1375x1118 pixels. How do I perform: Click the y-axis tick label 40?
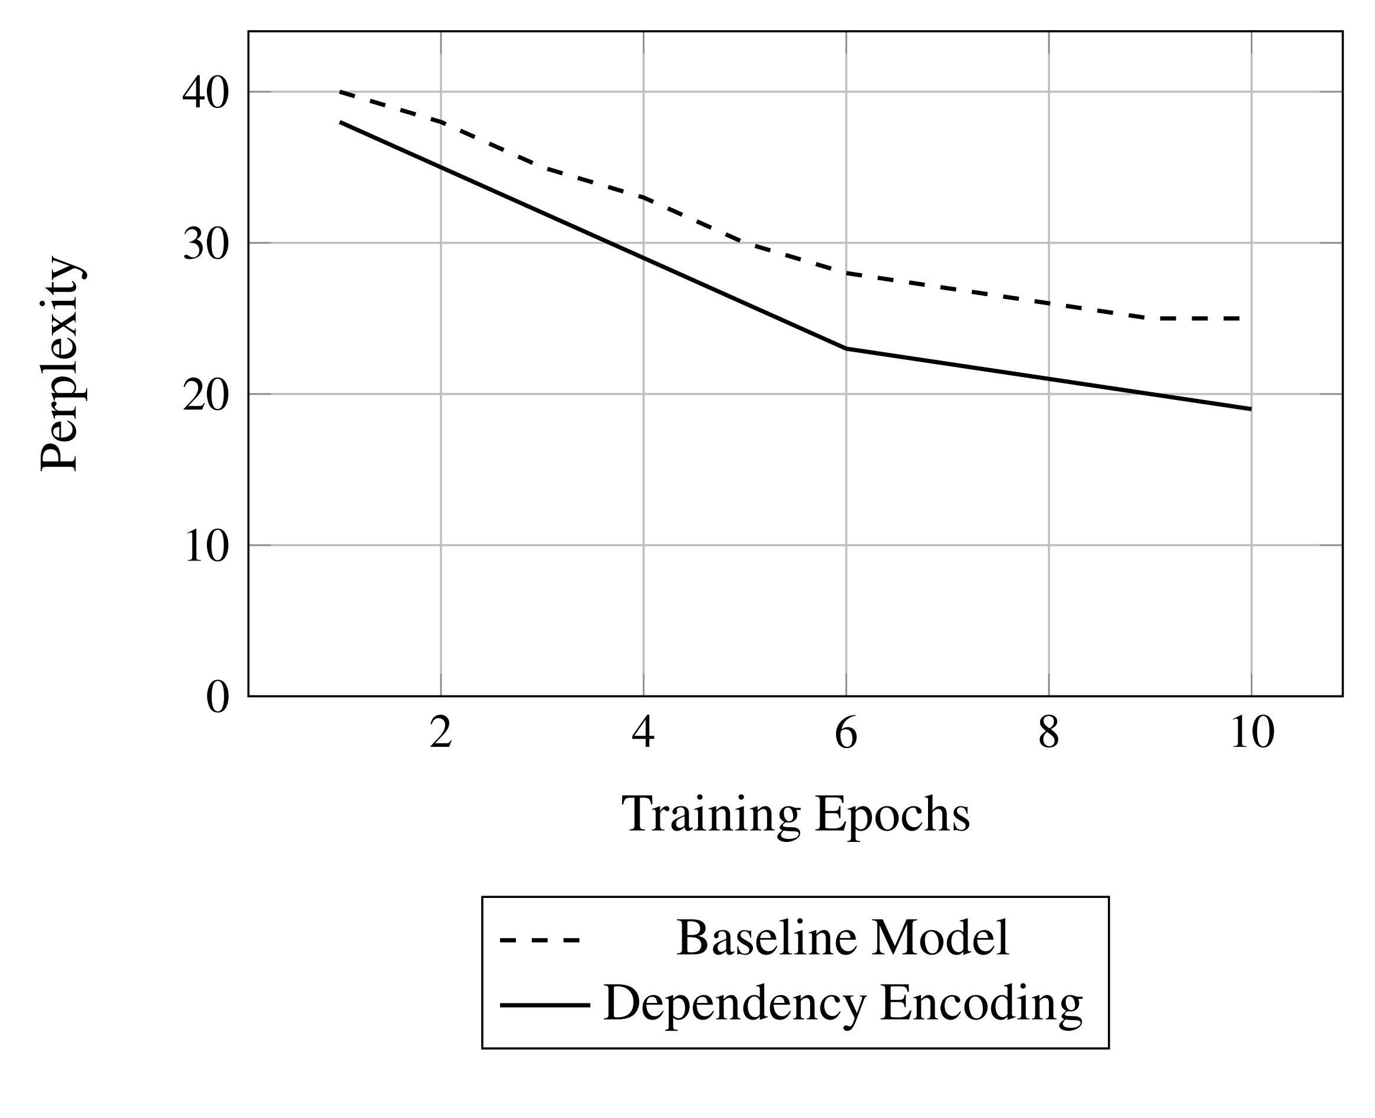[205, 93]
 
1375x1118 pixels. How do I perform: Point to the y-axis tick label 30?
[205, 245]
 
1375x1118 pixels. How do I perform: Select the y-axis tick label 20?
[205, 395]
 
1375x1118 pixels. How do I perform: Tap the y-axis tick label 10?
[205, 547]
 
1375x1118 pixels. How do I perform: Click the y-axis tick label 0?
[217, 697]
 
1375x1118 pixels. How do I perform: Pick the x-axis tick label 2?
[440, 733]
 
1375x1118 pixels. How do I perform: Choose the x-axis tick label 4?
[643, 733]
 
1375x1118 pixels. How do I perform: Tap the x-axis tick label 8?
[1048, 733]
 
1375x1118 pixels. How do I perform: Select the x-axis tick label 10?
[1251, 733]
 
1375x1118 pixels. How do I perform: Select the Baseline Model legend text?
[842, 938]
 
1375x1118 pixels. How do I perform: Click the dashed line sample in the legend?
[540, 941]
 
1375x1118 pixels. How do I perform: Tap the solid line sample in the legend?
[544, 1005]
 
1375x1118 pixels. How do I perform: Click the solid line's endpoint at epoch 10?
[1250, 409]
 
